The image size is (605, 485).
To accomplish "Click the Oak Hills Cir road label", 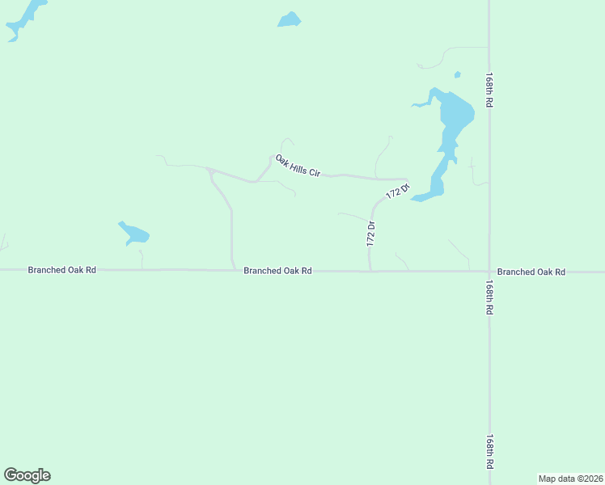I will (298, 166).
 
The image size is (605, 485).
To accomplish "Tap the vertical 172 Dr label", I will (371, 234).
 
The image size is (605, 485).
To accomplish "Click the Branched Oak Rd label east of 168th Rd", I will (531, 272).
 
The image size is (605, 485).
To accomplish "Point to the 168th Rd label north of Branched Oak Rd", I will (489, 91).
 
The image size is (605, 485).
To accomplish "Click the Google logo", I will (27, 475).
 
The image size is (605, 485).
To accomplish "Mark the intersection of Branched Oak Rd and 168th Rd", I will (489, 272).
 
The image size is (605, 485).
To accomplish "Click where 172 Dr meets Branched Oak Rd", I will (370, 271).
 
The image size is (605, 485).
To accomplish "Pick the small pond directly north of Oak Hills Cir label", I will (289, 19).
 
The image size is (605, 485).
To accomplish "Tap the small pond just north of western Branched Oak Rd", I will (134, 234).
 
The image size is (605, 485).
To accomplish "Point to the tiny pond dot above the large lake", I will (458, 75).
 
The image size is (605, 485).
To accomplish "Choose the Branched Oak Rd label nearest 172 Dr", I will (277, 271).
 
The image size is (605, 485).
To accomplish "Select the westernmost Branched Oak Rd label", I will (61, 270).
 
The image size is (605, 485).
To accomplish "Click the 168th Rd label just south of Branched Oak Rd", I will (489, 297).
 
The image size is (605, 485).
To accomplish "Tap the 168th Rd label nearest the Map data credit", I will (489, 452).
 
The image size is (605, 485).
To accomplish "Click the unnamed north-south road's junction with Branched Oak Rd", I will (234, 269).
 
